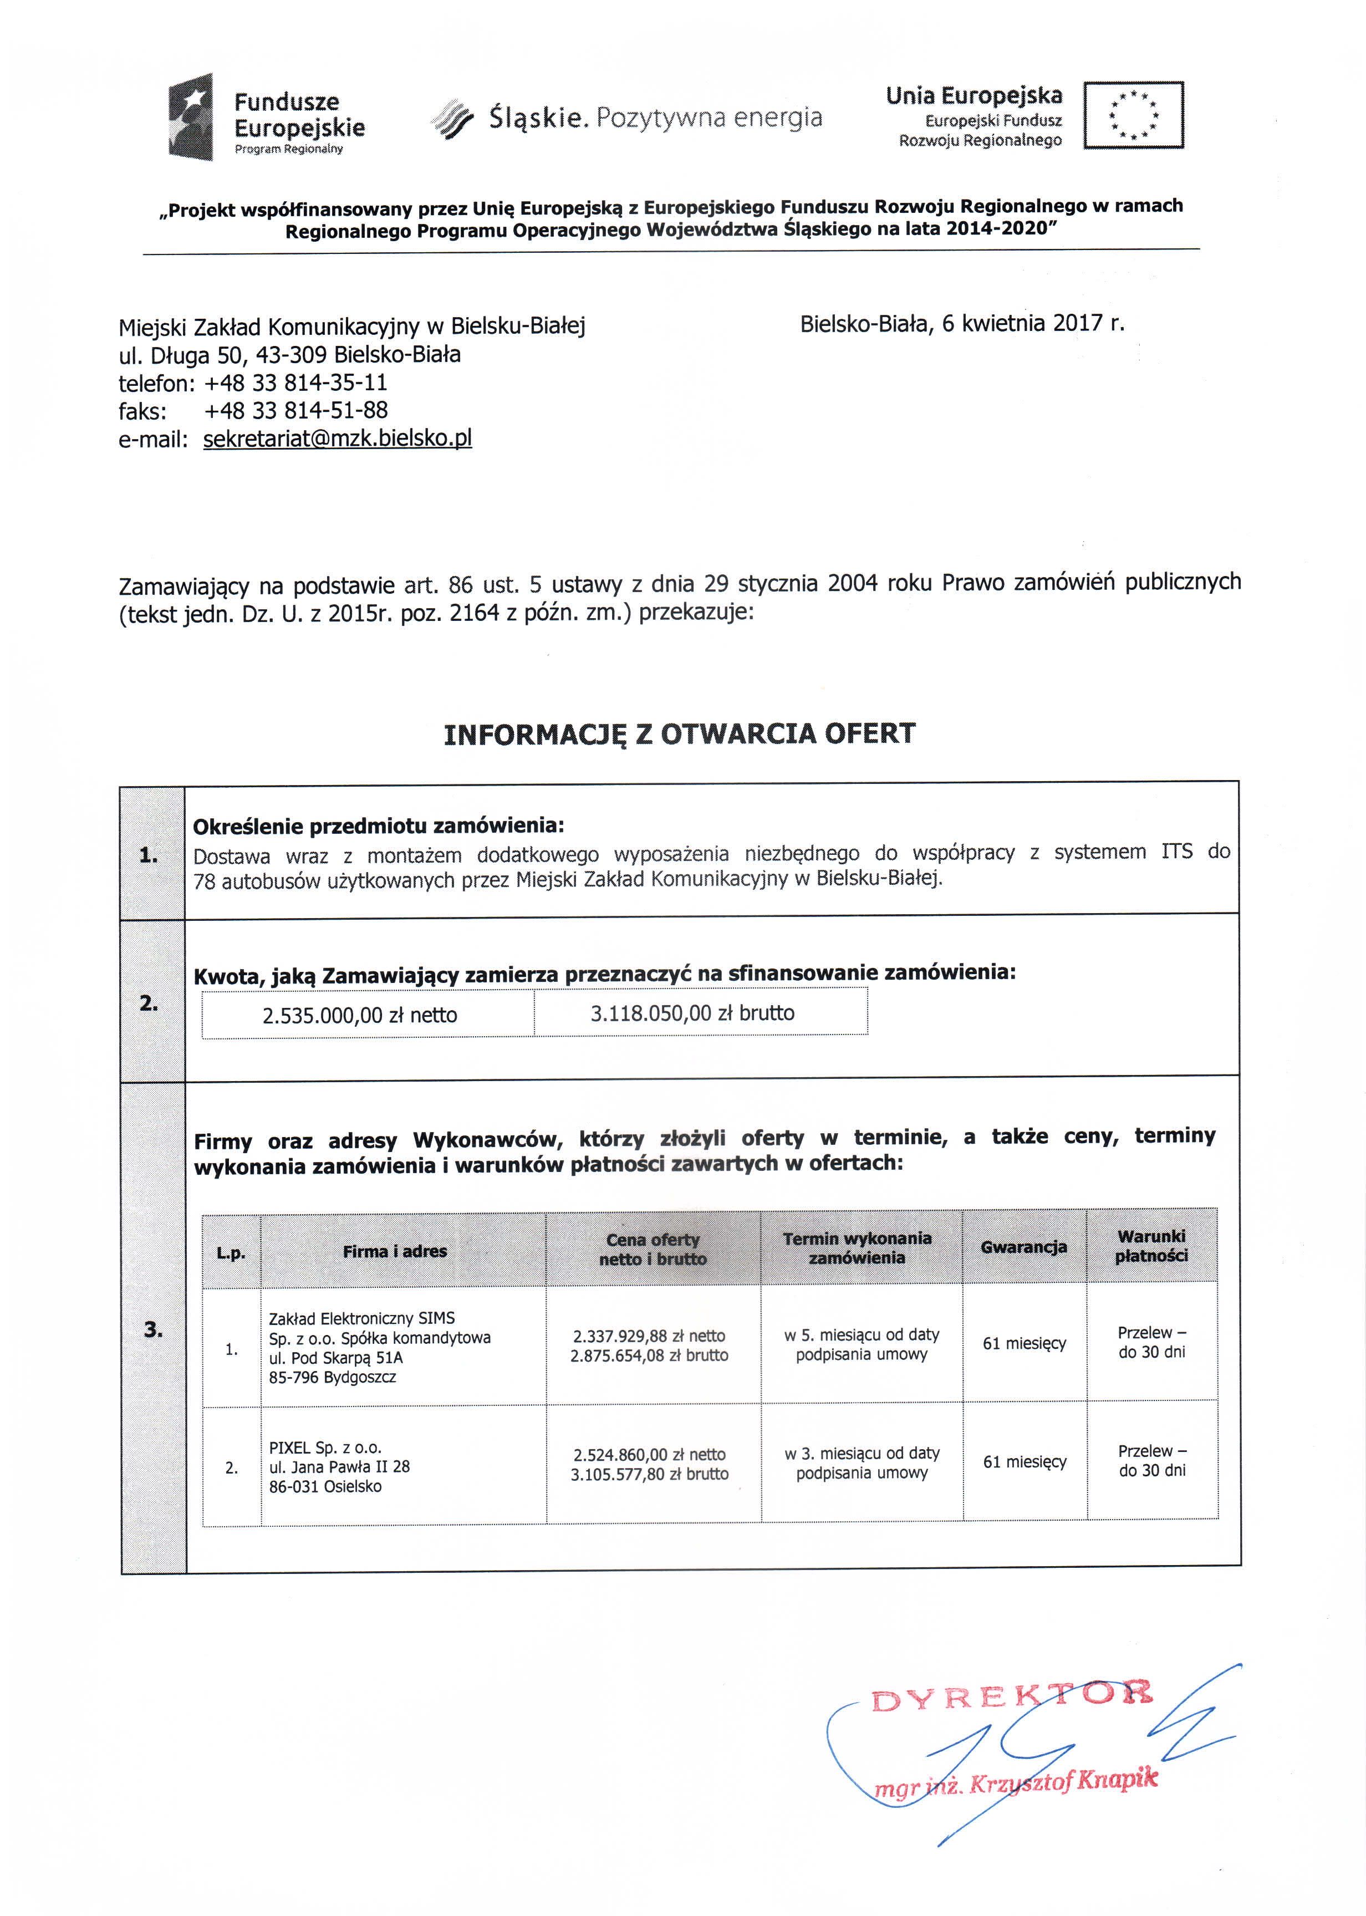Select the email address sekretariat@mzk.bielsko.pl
337,438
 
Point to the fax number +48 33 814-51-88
296,410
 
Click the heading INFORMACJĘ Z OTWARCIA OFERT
679,733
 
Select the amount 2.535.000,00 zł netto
359,1015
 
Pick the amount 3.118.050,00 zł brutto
692,1013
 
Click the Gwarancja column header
1023,1246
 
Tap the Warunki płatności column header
1151,1246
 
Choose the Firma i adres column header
395,1251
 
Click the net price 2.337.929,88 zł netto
649,1335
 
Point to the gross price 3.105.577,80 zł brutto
649,1474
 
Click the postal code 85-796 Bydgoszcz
332,1377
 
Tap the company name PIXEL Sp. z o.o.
325,1448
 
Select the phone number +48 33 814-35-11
296,383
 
